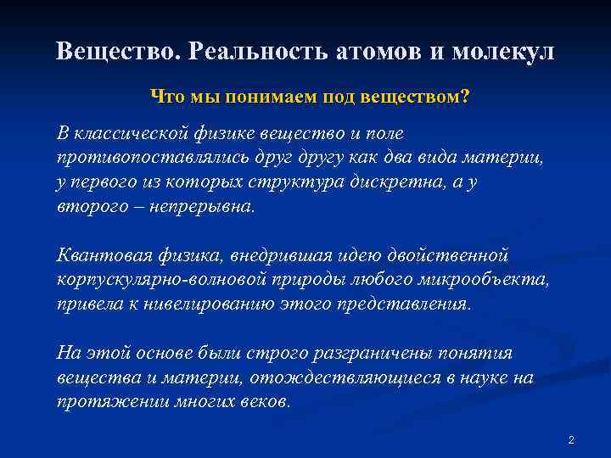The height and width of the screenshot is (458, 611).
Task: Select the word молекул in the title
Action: click(504, 52)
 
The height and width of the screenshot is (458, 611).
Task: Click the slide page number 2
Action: click(571, 440)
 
